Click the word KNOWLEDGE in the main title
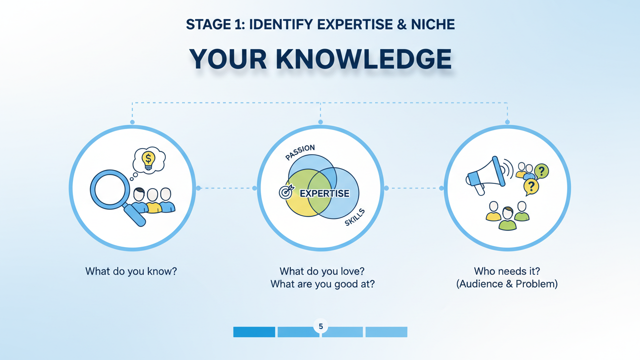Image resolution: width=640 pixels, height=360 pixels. coord(363,60)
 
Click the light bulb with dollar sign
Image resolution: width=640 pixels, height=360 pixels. coord(149,160)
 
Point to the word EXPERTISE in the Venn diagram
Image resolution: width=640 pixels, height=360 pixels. coord(324,194)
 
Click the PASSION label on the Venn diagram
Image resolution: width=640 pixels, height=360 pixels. coord(300,152)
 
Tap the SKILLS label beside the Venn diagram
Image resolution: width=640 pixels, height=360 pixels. coord(355,217)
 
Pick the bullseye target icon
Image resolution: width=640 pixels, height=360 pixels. coord(286,192)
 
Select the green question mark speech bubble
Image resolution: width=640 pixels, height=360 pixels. coord(541,171)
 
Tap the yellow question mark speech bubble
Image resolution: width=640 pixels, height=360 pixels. coord(531,186)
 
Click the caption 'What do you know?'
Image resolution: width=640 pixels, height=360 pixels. coord(131,271)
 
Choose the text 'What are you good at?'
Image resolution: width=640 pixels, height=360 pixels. coord(322,284)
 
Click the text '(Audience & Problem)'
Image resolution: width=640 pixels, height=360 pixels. coord(507,284)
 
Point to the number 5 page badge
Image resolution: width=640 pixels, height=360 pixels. coord(321,326)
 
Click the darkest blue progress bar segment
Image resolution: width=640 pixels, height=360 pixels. coord(254,332)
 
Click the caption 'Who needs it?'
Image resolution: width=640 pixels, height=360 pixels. coord(507,271)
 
